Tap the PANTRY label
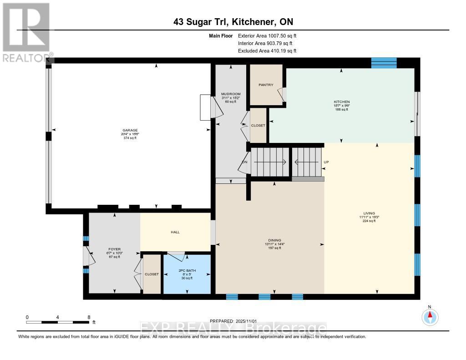coord(266,85)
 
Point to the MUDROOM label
coord(231,94)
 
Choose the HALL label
coord(175,232)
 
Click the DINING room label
coord(274,240)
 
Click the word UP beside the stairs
coord(325,162)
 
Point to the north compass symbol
coord(430,315)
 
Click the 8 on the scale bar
coord(89,317)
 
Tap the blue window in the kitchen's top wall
coord(384,63)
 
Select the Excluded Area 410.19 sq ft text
coord(267,51)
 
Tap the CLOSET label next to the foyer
coord(152,274)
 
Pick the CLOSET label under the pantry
coord(258,125)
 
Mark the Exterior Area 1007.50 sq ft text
coord(267,35)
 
